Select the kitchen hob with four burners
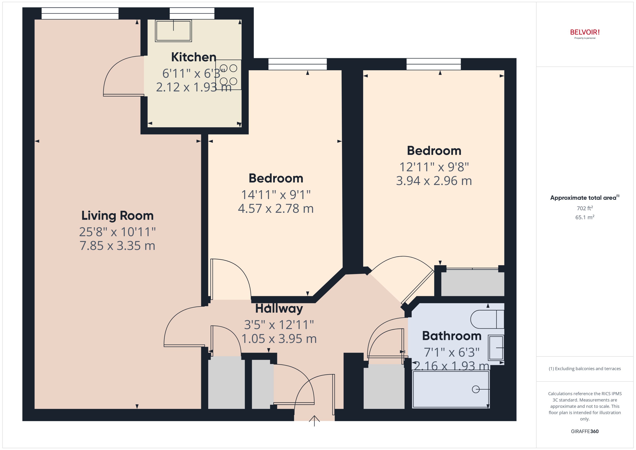(228, 74)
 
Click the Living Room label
(117, 216)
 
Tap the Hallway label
(279, 308)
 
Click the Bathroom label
(451, 336)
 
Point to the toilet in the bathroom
(487, 319)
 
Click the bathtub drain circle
(476, 389)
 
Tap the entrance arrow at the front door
(314, 421)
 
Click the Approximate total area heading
(584, 198)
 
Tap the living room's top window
(80, 13)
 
